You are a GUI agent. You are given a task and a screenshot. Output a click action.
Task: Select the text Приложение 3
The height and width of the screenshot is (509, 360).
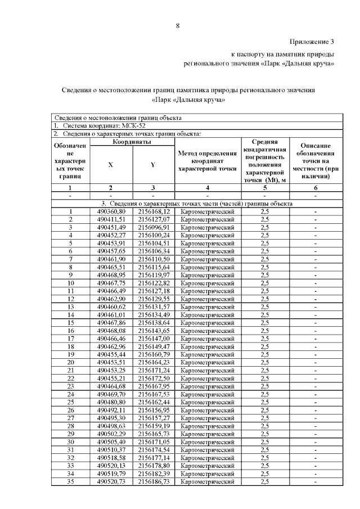(x=312, y=42)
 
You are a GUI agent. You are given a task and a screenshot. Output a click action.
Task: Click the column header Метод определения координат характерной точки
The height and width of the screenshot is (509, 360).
(x=206, y=160)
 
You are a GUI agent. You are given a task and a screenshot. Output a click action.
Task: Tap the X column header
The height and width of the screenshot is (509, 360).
(x=110, y=164)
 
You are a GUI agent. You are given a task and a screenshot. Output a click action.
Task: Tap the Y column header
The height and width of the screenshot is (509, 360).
(x=153, y=164)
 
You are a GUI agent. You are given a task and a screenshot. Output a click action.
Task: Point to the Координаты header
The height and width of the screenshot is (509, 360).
(x=132, y=142)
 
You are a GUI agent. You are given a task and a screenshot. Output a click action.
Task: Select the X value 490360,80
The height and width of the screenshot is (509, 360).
(x=110, y=211)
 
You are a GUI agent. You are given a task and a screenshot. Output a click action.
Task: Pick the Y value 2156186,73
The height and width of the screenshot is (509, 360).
(x=154, y=482)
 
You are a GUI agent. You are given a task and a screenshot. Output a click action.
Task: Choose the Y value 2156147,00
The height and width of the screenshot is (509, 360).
(x=154, y=339)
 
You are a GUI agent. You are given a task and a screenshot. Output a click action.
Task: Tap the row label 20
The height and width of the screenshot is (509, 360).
(x=70, y=362)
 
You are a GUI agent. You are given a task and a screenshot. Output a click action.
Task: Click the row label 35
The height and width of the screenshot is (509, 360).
(x=70, y=482)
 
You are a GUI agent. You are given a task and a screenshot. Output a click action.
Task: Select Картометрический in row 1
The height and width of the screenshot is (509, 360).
(x=206, y=211)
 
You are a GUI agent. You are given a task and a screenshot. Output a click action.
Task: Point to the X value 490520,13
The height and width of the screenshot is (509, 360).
(x=110, y=466)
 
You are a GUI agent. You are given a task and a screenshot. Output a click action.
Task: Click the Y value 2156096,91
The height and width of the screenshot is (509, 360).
(x=154, y=227)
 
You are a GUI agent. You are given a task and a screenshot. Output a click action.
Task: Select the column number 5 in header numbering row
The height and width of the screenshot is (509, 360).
(x=265, y=187)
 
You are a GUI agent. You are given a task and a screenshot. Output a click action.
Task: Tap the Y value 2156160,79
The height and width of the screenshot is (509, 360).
(x=154, y=354)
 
